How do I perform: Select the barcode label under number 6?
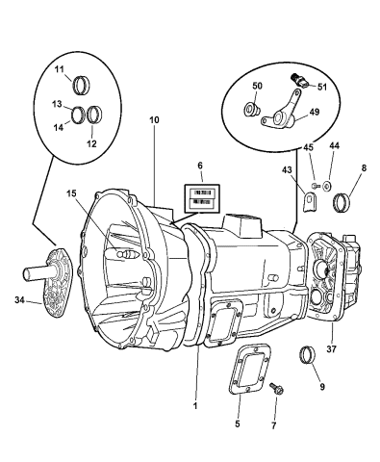click(x=202, y=197)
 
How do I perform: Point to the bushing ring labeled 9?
click(x=310, y=355)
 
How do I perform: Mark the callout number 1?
click(x=194, y=405)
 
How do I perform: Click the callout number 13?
click(x=58, y=104)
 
